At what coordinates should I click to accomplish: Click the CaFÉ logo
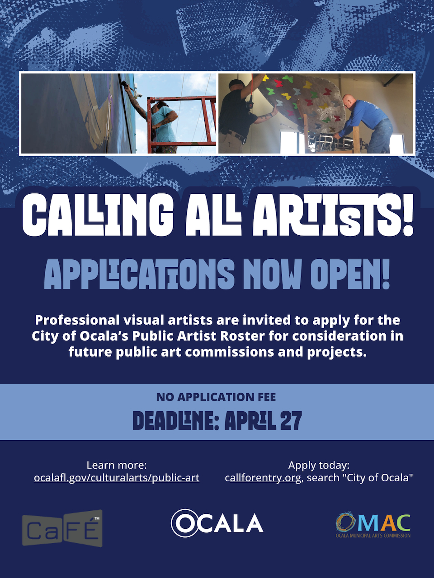pyautogui.click(x=62, y=528)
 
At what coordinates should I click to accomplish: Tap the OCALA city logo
pyautogui.click(x=217, y=523)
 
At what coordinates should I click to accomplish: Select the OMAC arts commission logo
pyautogui.click(x=373, y=524)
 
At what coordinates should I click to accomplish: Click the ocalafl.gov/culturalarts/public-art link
pyautogui.click(x=116, y=478)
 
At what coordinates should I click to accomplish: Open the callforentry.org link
pyautogui.click(x=263, y=478)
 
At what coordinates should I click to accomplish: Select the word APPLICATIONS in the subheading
pyautogui.click(x=139, y=275)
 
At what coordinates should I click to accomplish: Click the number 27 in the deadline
pyautogui.click(x=291, y=421)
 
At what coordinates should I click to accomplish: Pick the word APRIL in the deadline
pyautogui.click(x=250, y=421)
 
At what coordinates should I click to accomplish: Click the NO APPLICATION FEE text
pyautogui.click(x=216, y=397)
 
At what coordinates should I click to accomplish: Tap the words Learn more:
pyautogui.click(x=117, y=465)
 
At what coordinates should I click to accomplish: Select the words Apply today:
pyautogui.click(x=319, y=465)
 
